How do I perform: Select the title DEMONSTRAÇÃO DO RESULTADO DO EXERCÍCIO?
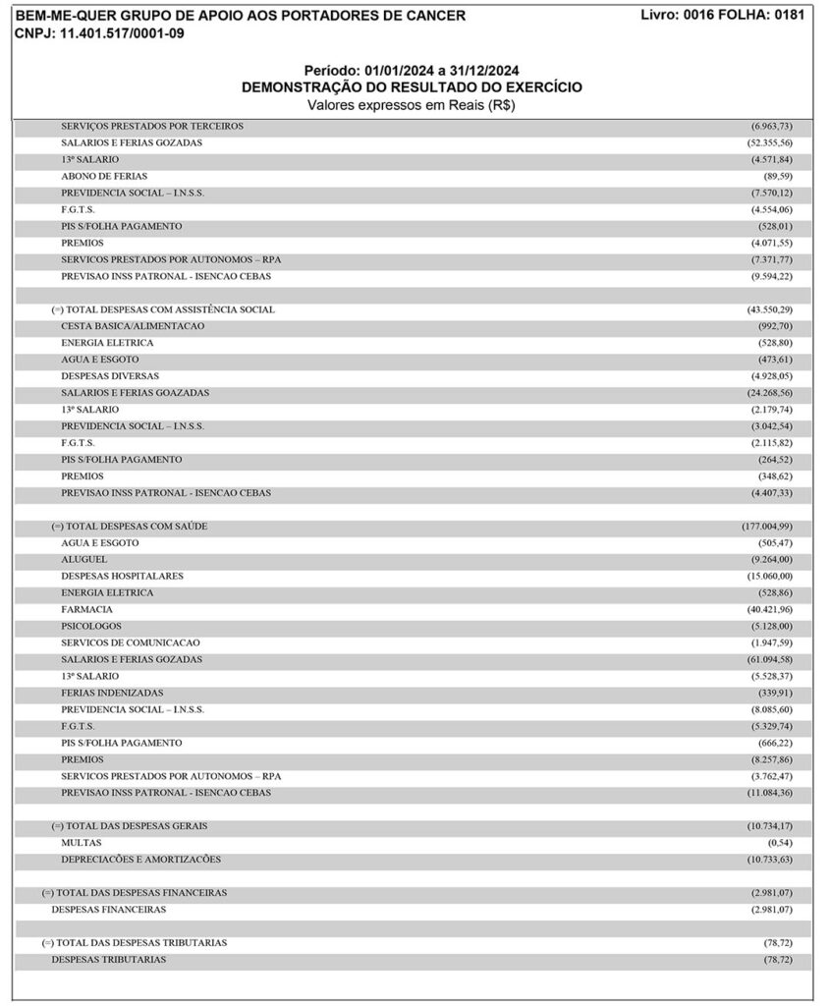pyautogui.click(x=412, y=87)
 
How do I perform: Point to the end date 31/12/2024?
pyautogui.click(x=480, y=71)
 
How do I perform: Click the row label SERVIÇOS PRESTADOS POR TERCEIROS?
pyautogui.click(x=152, y=126)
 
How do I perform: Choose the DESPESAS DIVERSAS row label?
pyautogui.click(x=110, y=376)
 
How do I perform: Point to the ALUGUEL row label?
pyautogui.click(x=84, y=559)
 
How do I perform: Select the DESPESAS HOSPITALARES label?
pyautogui.click(x=122, y=576)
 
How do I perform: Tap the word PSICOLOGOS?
pyautogui.click(x=91, y=626)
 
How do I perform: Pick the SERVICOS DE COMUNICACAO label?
pyautogui.click(x=131, y=643)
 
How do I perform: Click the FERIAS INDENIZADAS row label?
pyautogui.click(x=112, y=693)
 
